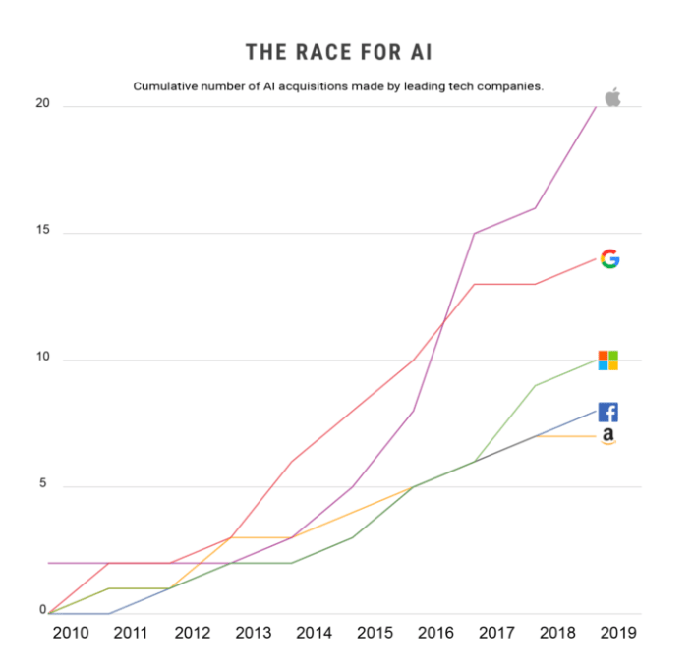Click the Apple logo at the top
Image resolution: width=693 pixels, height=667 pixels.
click(x=612, y=96)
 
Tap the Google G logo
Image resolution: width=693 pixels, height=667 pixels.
click(x=609, y=259)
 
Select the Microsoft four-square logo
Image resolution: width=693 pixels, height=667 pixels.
click(x=608, y=360)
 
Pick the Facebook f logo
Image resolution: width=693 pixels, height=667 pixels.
click(x=608, y=413)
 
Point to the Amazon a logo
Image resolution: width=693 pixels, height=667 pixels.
click(x=608, y=436)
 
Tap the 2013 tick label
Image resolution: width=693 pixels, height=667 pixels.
click(x=254, y=633)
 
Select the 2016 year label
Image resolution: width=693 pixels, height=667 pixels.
click(x=436, y=633)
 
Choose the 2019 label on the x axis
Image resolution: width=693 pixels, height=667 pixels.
click(x=619, y=633)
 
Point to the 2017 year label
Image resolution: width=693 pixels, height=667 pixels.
click(x=497, y=633)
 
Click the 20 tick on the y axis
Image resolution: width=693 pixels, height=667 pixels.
click(x=42, y=106)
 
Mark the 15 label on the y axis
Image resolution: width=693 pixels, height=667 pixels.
click(x=42, y=233)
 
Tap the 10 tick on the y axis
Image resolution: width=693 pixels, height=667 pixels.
click(x=42, y=360)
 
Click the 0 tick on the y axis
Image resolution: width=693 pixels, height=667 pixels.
click(x=43, y=610)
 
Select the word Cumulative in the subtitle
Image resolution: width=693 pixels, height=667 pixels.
click(x=166, y=86)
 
